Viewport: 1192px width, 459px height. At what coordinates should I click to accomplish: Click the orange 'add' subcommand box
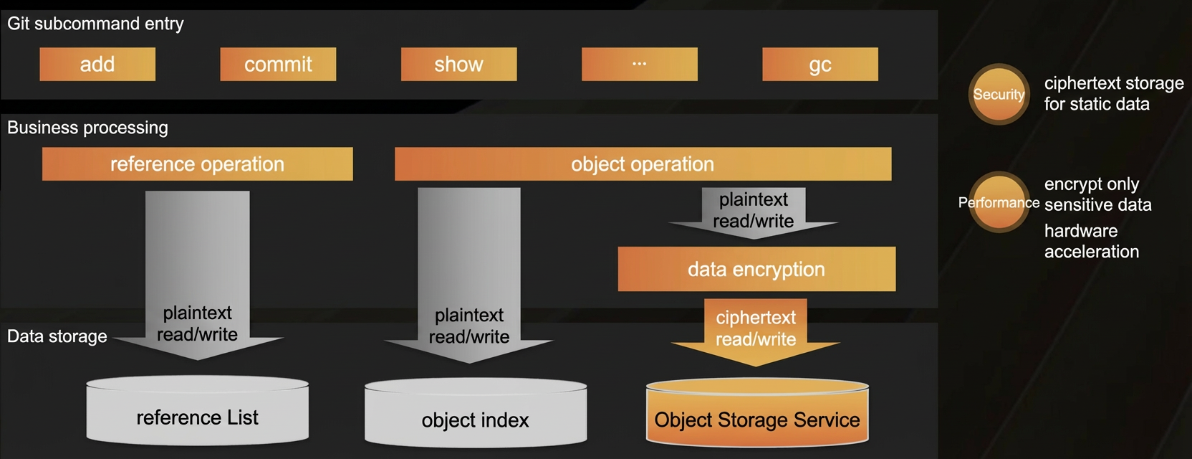97,65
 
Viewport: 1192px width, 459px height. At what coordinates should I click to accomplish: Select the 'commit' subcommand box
278,65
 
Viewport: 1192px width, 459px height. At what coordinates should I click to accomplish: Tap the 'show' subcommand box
458,65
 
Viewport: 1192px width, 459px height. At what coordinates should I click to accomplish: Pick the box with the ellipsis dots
639,65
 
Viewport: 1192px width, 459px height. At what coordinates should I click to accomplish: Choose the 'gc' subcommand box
820,65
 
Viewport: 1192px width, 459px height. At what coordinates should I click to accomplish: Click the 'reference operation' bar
198,164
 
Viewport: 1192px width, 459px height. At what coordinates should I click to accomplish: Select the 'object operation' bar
643,164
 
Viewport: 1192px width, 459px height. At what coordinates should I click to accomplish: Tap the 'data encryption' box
756,269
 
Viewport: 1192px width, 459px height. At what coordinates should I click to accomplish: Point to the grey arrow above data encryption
753,212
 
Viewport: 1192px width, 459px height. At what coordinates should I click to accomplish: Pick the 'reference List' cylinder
198,411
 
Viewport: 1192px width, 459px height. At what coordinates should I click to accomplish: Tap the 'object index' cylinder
476,413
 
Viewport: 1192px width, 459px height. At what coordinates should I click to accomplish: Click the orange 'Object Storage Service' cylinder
757,413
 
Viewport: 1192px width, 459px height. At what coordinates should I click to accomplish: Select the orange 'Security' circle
999,94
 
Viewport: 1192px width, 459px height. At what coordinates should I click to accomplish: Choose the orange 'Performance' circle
999,202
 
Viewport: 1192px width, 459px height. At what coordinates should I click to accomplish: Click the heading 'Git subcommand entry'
95,24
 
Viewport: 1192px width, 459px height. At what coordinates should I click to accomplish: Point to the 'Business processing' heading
87,128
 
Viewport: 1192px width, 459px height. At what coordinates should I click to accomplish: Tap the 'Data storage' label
57,336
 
